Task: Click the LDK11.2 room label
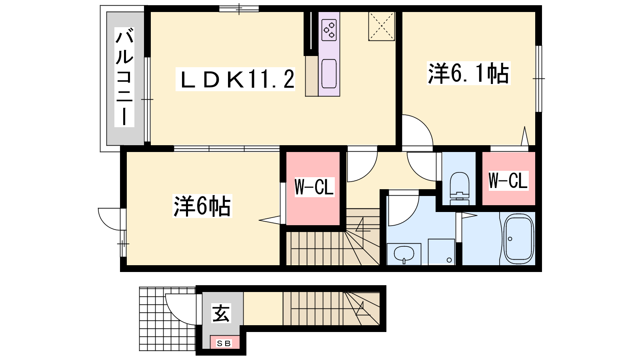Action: click(x=235, y=80)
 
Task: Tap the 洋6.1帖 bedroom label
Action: click(x=468, y=73)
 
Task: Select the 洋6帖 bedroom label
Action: click(x=202, y=206)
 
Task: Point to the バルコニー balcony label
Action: click(x=124, y=77)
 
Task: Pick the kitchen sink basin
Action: click(x=329, y=74)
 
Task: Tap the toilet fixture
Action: click(x=460, y=188)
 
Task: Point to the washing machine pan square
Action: click(x=442, y=252)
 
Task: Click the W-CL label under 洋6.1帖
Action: click(x=508, y=180)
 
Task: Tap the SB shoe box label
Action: click(x=224, y=344)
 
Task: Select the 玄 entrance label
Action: click(x=221, y=313)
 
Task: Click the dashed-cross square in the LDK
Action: click(x=382, y=26)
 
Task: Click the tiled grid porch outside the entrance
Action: click(x=168, y=319)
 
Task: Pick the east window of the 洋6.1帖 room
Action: click(x=538, y=78)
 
